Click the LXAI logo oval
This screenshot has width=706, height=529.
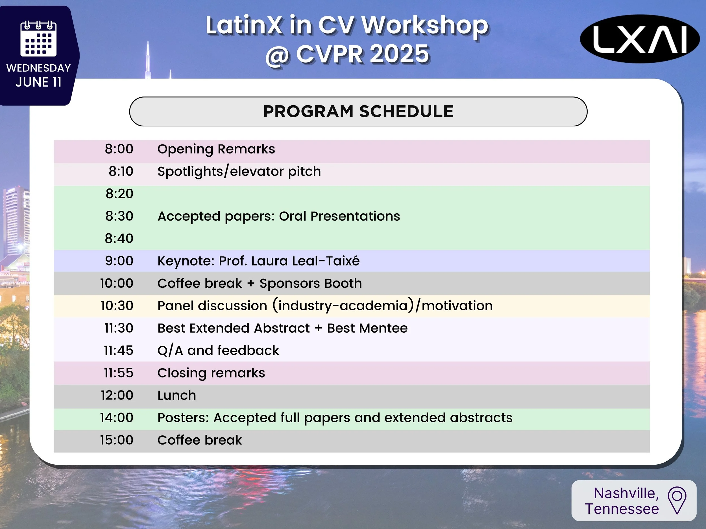640,39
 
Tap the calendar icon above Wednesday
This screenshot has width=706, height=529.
38,39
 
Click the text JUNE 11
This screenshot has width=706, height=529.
38,82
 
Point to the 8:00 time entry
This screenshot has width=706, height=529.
119,149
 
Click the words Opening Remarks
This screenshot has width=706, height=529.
216,149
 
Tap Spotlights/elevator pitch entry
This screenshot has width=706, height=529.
239,172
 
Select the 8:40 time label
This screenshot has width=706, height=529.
119,238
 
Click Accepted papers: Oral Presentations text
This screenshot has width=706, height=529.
279,216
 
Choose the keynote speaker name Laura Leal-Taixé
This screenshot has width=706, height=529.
305,261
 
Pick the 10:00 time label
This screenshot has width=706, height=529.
117,283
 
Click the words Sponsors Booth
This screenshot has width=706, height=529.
311,283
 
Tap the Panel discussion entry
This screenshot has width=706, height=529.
325,306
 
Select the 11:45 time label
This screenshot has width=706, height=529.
118,350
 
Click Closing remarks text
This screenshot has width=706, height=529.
211,373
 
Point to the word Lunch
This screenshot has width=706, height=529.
176,395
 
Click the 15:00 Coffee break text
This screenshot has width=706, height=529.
200,440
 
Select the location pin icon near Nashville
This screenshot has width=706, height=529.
677,500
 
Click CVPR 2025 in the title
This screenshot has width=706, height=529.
362,54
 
